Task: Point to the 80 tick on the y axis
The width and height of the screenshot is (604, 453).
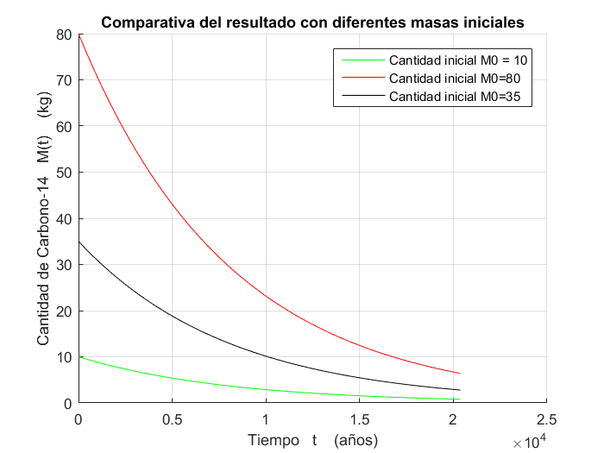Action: tap(62, 35)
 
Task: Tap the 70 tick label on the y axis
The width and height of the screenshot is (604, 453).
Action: tap(62, 80)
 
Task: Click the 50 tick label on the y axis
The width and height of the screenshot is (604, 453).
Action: tap(62, 173)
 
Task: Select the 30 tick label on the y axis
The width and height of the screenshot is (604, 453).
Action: tap(62, 265)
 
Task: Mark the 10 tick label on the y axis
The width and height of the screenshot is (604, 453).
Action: tap(62, 357)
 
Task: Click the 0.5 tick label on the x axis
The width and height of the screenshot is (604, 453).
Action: tap(173, 419)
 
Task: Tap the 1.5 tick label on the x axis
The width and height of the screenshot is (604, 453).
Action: tap(360, 419)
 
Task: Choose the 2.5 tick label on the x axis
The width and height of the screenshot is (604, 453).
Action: tap(547, 419)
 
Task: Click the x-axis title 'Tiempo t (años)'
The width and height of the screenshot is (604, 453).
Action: tap(313, 439)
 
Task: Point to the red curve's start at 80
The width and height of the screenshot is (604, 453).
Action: tap(79, 35)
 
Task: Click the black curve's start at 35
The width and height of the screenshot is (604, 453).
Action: tap(79, 242)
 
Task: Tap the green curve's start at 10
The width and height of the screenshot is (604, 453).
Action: tap(79, 357)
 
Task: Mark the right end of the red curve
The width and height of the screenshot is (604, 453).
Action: tap(461, 374)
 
